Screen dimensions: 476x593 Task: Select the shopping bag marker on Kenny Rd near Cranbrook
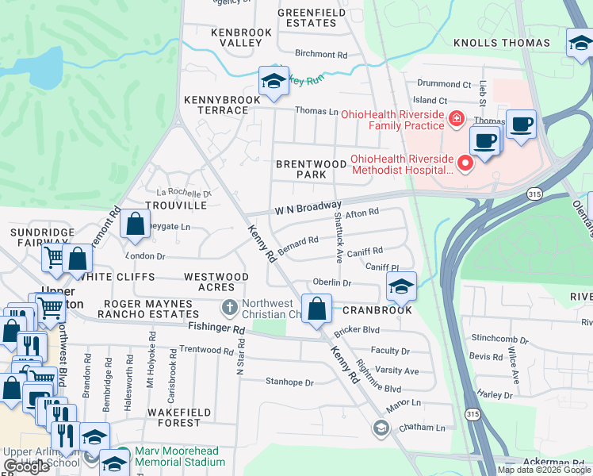317,309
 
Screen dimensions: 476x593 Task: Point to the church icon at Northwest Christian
229,306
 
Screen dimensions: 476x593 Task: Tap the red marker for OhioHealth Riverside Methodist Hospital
465,163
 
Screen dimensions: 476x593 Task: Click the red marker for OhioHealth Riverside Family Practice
456,120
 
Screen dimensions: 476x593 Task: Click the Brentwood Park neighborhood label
311,169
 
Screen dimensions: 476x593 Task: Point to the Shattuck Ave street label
338,236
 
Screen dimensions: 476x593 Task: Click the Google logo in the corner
27,466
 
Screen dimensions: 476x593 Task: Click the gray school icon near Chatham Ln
381,428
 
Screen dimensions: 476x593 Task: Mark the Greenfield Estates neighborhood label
307,17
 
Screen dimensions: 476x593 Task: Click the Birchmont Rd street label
321,56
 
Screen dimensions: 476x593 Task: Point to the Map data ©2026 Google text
544,470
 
